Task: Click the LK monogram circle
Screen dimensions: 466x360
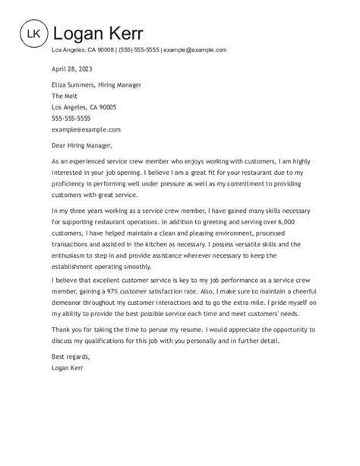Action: tap(33, 33)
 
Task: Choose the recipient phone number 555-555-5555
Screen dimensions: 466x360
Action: tap(71, 119)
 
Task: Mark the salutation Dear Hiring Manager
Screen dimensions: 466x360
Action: tap(81, 146)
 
